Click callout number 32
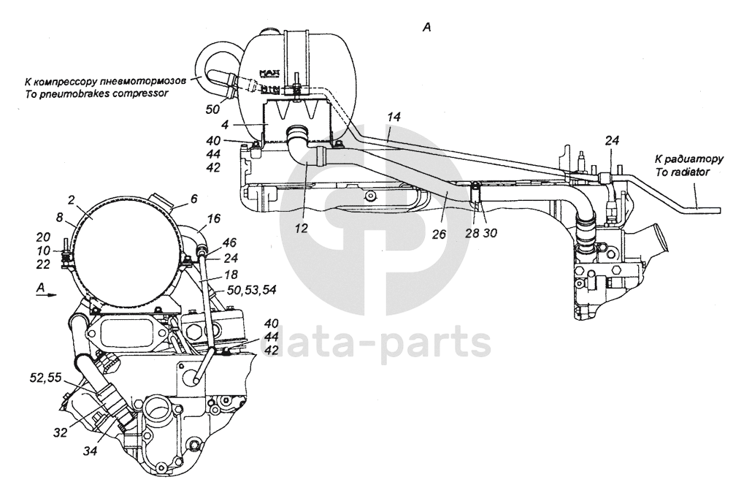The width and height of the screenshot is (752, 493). coord(60,432)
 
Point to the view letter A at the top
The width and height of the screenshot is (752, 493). coord(427,27)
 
